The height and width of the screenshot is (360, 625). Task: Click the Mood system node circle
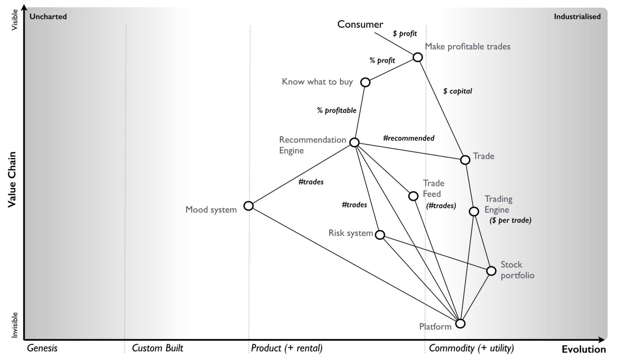click(248, 206)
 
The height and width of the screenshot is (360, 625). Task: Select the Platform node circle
click(461, 324)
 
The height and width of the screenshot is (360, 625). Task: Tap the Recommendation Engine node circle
click(354, 142)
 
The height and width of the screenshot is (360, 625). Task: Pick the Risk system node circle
click(380, 235)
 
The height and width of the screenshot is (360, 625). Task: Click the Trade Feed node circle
click(413, 196)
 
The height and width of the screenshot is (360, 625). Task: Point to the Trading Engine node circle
click(474, 211)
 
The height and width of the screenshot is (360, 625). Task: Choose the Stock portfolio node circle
click(491, 271)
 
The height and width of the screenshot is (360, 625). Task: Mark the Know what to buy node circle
click(365, 82)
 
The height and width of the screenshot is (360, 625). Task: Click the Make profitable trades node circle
click(418, 57)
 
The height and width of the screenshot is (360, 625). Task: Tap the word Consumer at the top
click(360, 25)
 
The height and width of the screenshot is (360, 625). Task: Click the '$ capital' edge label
click(457, 91)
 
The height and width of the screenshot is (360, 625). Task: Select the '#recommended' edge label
click(409, 138)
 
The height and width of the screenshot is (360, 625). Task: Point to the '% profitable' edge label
click(336, 111)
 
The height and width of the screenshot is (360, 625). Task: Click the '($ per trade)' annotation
click(510, 220)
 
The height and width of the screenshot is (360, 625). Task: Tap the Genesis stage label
click(42, 348)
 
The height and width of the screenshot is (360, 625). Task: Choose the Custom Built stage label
click(157, 348)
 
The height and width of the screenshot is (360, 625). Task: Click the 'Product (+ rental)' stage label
click(287, 348)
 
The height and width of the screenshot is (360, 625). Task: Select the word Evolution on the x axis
click(584, 349)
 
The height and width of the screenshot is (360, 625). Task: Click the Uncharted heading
click(48, 16)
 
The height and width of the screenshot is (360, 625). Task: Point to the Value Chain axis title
click(12, 179)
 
